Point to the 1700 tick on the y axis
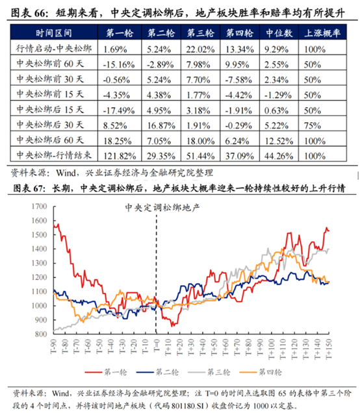[x=40, y=189]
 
